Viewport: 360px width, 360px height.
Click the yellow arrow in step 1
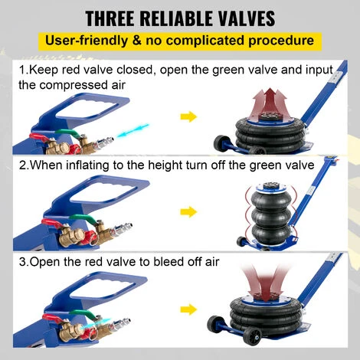tap(188, 117)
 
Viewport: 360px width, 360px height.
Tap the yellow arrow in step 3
tap(188, 309)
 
